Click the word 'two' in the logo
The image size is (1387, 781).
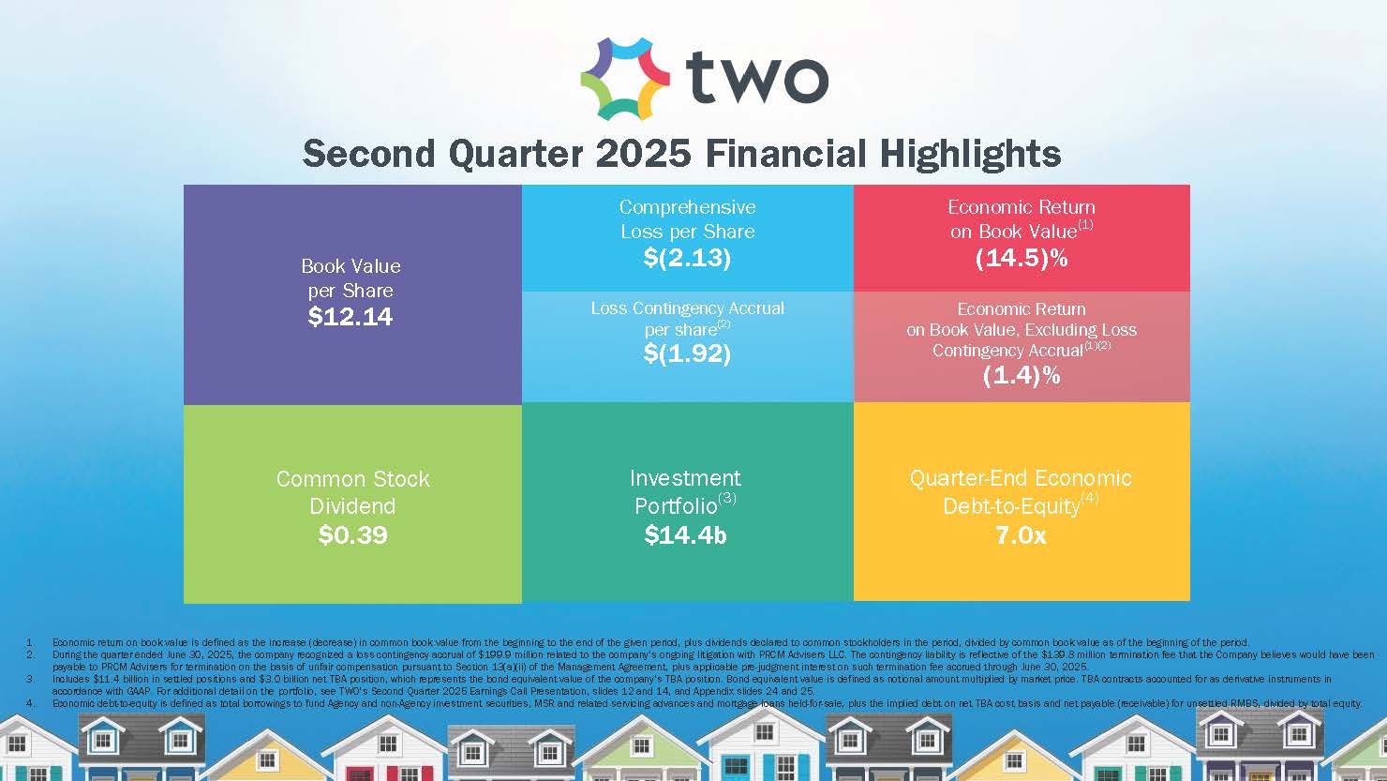[x=757, y=79]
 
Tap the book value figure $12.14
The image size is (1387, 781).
[x=350, y=317]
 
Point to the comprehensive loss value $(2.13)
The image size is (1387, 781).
[x=687, y=258]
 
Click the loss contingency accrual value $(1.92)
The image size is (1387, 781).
[x=687, y=353]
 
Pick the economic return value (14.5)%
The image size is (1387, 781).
[x=1022, y=259]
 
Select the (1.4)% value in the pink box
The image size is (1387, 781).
[x=1022, y=376]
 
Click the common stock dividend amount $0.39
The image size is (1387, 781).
[x=352, y=535]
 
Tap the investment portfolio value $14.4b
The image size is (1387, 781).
[x=686, y=535]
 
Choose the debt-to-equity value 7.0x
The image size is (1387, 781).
[x=1021, y=535]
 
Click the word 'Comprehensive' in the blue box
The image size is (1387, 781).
[x=687, y=207]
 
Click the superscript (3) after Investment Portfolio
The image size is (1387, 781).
[x=727, y=499]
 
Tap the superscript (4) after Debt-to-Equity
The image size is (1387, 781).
[x=1089, y=499]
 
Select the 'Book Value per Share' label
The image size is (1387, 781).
[x=350, y=278]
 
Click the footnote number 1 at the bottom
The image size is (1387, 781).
[x=30, y=643]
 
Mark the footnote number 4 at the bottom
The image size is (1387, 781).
[x=30, y=702]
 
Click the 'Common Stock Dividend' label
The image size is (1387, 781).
[x=352, y=492]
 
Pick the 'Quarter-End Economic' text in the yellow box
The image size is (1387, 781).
[x=1021, y=478]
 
